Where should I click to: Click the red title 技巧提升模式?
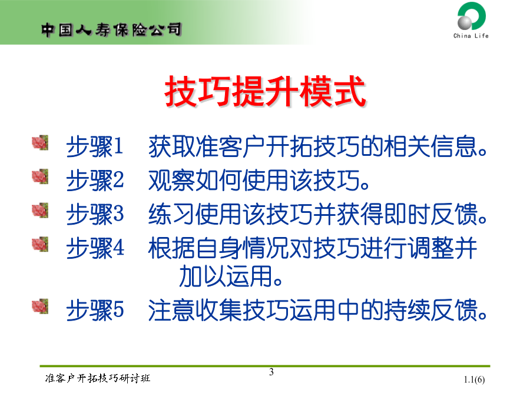(266, 91)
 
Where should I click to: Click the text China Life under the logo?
(471, 35)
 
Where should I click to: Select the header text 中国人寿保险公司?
(111, 30)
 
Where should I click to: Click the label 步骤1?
(95, 146)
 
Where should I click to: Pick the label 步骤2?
(95, 180)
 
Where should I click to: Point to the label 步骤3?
(95, 214)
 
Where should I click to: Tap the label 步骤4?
(95, 248)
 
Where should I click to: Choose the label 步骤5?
(95, 310)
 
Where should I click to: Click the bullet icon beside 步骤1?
(40, 142)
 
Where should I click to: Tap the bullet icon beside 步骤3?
(40, 210)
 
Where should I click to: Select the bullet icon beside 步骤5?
(40, 306)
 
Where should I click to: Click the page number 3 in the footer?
(271, 372)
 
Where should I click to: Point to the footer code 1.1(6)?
(474, 380)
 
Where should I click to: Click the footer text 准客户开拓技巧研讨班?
(97, 378)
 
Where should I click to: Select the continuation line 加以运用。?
(231, 276)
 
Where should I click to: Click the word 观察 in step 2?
(172, 180)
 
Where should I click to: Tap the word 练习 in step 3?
(172, 214)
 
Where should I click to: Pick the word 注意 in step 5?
(172, 310)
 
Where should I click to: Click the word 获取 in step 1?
(172, 146)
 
